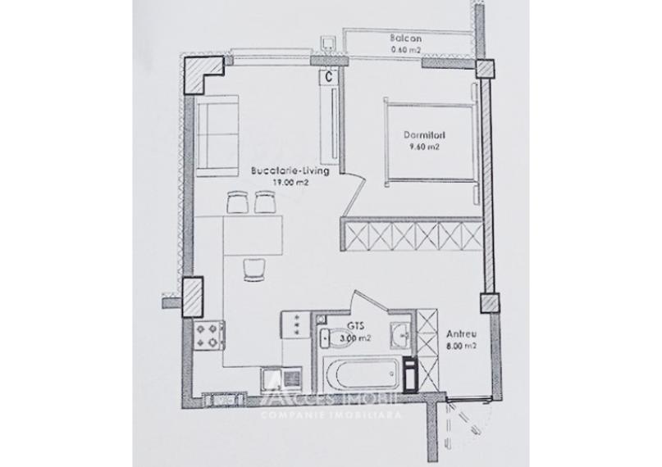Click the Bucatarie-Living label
click(x=290, y=172)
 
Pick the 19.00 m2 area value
click(x=290, y=184)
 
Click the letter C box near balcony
click(x=328, y=75)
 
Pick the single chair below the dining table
click(x=255, y=266)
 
